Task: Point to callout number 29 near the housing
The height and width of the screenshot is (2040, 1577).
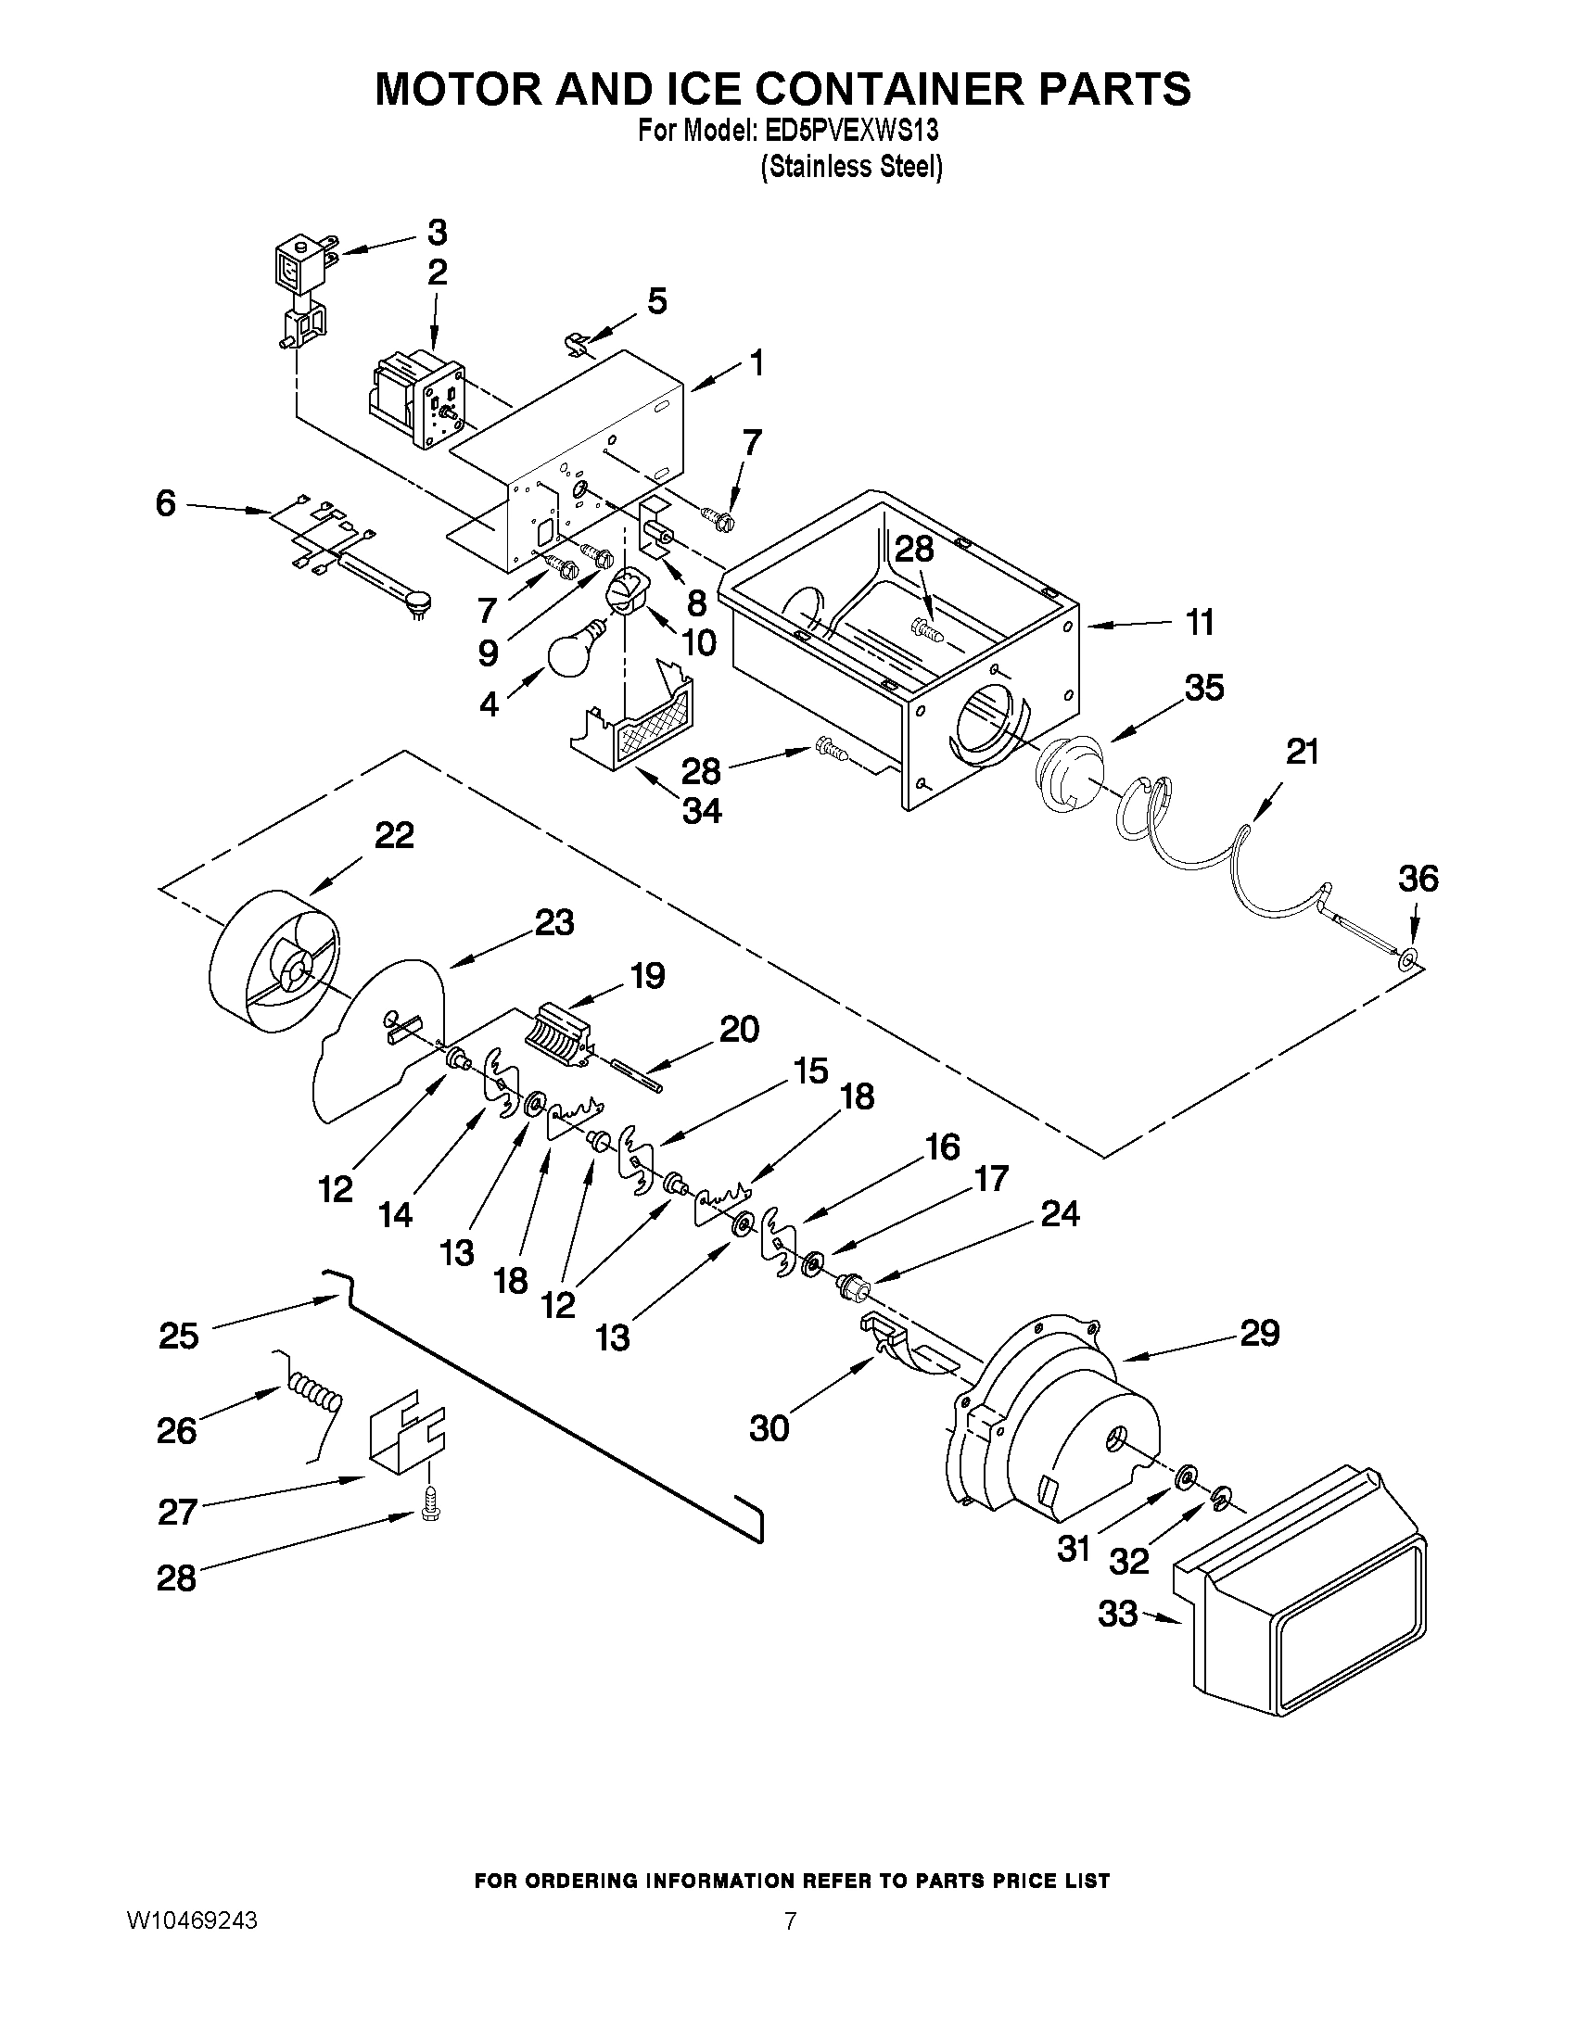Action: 1258,1333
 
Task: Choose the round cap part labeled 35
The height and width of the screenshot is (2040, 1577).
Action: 1073,771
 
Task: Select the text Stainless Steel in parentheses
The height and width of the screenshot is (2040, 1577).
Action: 851,167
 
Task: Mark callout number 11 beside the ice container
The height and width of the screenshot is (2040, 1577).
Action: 1199,622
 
